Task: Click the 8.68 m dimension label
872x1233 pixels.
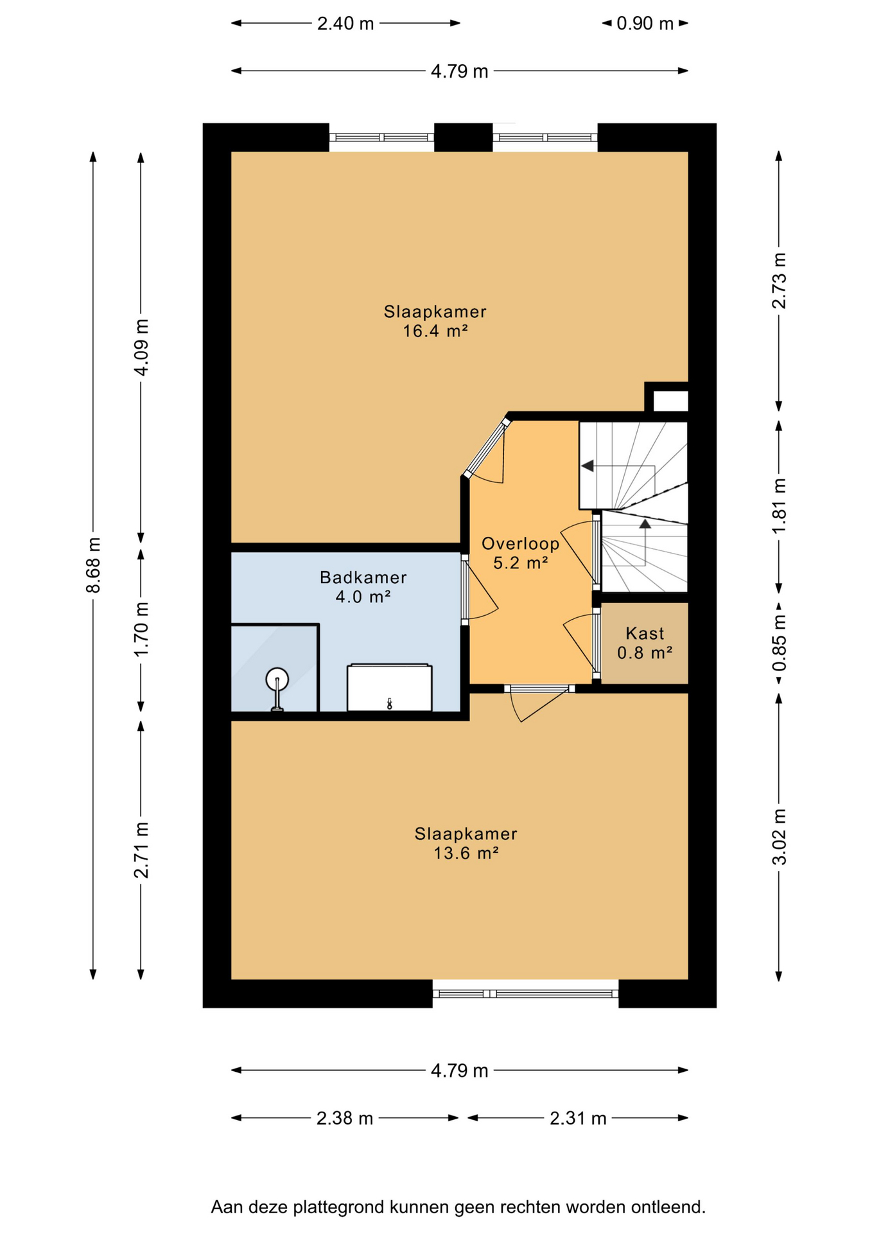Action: click(94, 565)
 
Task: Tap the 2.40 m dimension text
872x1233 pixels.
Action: click(345, 24)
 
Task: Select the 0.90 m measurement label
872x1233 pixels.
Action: click(645, 24)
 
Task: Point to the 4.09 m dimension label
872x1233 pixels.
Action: click(141, 347)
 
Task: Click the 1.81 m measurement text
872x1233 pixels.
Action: click(779, 506)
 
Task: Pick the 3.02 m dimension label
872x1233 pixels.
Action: click(779, 837)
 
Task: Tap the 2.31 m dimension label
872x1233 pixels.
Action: click(578, 1119)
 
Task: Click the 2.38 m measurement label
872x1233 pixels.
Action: click(345, 1119)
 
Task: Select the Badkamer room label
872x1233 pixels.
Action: click(363, 577)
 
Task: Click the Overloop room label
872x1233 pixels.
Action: click(521, 544)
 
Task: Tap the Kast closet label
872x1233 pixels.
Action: click(645, 633)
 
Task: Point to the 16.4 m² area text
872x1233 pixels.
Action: click(435, 331)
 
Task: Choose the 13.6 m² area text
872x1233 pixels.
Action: click(466, 853)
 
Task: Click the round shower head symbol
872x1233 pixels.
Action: click(277, 679)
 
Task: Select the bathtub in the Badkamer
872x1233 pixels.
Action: click(389, 688)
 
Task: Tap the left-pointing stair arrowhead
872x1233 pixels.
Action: click(587, 466)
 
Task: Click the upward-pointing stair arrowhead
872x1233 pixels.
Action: click(645, 523)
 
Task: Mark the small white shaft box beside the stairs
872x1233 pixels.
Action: click(670, 401)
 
